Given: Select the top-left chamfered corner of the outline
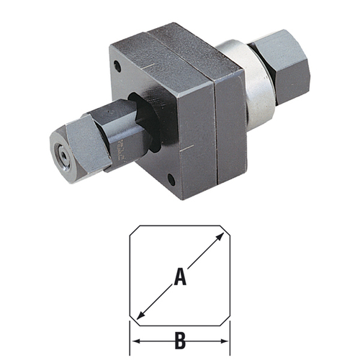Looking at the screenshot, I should [134, 233].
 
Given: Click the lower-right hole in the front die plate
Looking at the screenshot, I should [171, 179].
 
